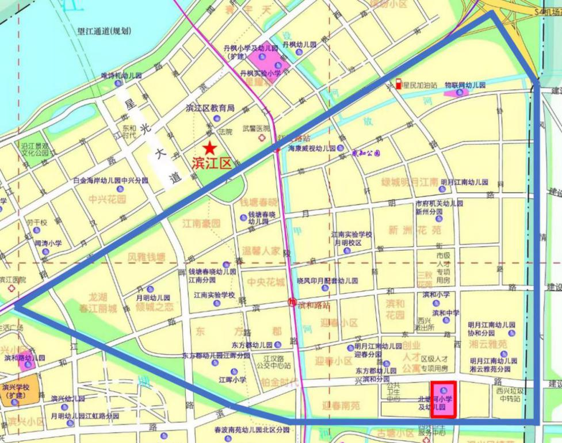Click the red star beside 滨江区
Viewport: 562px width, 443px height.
211,147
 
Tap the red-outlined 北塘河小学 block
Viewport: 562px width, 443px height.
444,399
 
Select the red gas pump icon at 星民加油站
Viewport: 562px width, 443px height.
397,84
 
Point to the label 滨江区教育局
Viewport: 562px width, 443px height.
210,108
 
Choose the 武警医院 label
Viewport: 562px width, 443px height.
255,128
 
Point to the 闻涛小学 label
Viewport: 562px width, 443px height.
48,243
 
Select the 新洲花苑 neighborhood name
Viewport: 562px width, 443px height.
414,230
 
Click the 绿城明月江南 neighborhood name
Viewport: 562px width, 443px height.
410,182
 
